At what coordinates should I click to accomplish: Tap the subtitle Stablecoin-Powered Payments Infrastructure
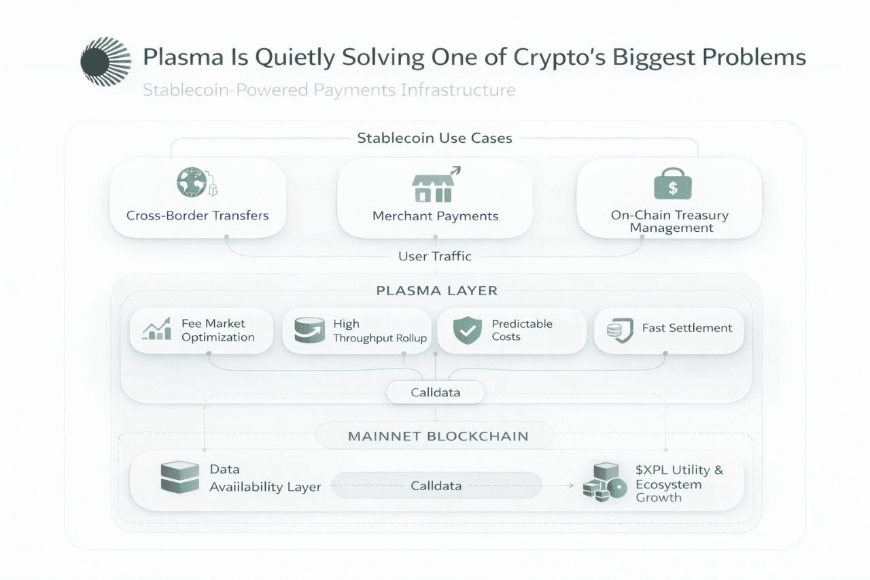(x=329, y=90)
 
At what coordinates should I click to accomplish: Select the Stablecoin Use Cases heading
(x=434, y=138)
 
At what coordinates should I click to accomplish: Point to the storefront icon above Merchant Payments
(x=432, y=186)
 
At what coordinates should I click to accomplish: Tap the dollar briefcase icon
(x=672, y=183)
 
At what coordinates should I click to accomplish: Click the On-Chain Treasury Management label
(x=669, y=222)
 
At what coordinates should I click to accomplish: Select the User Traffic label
(x=434, y=256)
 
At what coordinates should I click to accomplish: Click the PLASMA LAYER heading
(x=436, y=290)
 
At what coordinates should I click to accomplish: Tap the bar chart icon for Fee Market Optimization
(x=157, y=330)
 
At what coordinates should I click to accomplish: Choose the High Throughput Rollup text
(x=379, y=331)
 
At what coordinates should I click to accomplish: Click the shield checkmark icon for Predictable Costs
(x=467, y=330)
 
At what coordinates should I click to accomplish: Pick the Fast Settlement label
(x=687, y=328)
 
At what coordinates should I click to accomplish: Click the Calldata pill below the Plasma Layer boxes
(x=435, y=392)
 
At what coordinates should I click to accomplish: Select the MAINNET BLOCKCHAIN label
(x=438, y=436)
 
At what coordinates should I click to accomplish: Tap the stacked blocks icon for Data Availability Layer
(x=179, y=478)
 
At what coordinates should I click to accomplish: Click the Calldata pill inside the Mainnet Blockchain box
(x=436, y=485)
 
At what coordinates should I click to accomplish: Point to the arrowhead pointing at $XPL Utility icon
(x=570, y=485)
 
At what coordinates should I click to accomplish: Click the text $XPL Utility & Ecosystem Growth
(x=678, y=483)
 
